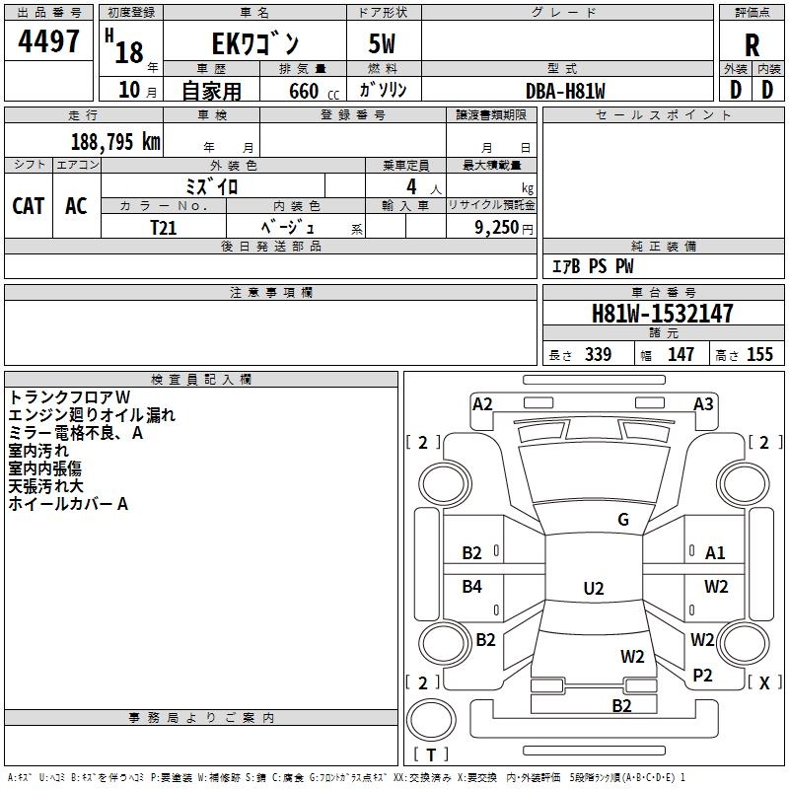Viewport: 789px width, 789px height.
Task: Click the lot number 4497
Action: tap(49, 41)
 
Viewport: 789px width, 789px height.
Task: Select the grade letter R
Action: tap(753, 45)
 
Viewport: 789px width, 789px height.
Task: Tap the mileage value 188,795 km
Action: tap(115, 141)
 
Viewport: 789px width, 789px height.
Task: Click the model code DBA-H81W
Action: tap(565, 91)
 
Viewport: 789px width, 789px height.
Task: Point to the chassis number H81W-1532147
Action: tap(662, 314)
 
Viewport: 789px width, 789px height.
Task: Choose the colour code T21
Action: tap(163, 227)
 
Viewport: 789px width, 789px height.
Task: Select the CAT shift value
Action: tap(29, 205)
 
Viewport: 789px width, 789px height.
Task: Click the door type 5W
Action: tap(384, 44)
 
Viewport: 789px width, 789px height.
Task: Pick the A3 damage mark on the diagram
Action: tap(703, 403)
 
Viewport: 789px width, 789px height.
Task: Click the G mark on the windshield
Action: tap(623, 520)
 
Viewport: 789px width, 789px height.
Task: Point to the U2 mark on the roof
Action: tap(593, 589)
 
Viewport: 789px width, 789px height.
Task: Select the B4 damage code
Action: tap(472, 587)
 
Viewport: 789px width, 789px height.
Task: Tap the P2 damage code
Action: tap(702, 675)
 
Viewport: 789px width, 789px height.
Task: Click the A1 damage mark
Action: tap(715, 553)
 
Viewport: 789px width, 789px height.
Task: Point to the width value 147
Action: tap(681, 354)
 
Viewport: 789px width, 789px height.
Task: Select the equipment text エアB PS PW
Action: tap(592, 266)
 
